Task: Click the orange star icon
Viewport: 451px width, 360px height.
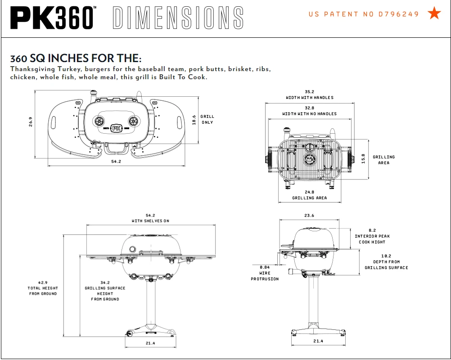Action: (x=434, y=13)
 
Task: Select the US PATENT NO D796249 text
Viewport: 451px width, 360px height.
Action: (x=364, y=14)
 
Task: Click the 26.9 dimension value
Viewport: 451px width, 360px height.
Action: (x=31, y=122)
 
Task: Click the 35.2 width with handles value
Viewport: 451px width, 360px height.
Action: (x=310, y=92)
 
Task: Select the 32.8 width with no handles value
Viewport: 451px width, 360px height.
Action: (x=310, y=108)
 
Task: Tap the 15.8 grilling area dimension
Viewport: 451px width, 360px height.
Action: (x=364, y=159)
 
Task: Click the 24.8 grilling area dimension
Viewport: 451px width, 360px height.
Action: (x=309, y=192)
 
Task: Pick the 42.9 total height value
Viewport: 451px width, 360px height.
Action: (x=43, y=282)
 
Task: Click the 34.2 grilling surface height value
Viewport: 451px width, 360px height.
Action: (x=105, y=282)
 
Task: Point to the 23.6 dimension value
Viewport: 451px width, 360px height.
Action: (x=309, y=215)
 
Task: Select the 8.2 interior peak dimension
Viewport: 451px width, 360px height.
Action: (x=372, y=230)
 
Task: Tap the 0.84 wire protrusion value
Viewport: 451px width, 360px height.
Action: (x=265, y=267)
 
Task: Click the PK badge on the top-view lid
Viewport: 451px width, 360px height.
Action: (x=117, y=127)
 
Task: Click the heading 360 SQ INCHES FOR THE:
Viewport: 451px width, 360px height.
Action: (x=76, y=58)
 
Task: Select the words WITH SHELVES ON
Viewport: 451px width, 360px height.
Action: (x=150, y=221)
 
